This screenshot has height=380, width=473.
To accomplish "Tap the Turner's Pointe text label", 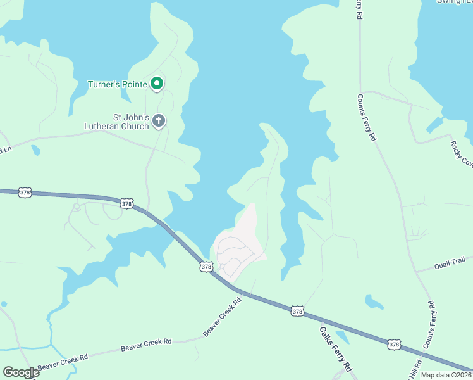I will (117, 84).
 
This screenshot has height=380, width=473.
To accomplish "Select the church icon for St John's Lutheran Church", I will (159, 120).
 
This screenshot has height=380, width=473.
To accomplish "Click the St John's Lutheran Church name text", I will (117, 122).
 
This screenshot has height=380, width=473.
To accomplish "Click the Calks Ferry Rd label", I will (335, 348).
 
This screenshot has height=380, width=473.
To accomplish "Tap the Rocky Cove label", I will (462, 154).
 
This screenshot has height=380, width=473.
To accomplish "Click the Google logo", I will (21, 372).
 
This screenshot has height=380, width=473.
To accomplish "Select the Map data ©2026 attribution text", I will (446, 375).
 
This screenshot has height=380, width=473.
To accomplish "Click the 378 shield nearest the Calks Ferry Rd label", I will (298, 311).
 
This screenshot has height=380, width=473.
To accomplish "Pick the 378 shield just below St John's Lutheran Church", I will (126, 203).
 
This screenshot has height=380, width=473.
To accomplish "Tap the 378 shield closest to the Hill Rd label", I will (394, 345).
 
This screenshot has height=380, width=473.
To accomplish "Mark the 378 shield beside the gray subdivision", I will (206, 267).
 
